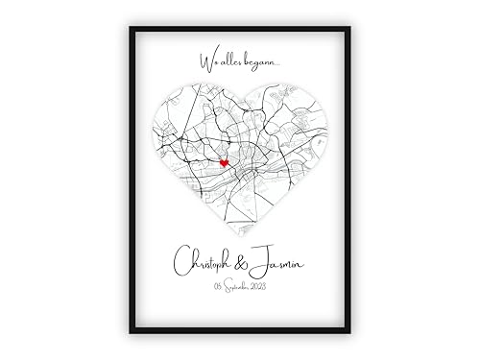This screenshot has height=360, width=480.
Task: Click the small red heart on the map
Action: click(223, 164)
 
